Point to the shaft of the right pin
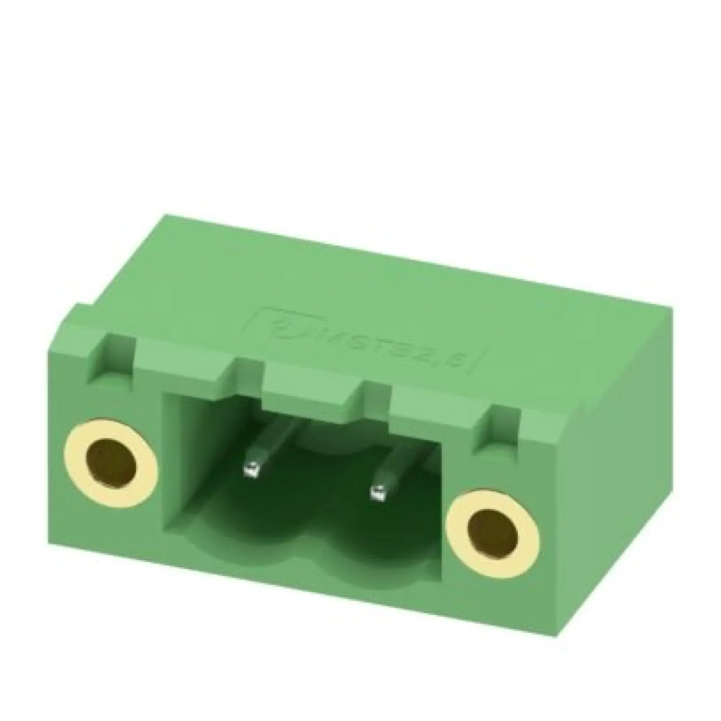[x=395, y=466]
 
